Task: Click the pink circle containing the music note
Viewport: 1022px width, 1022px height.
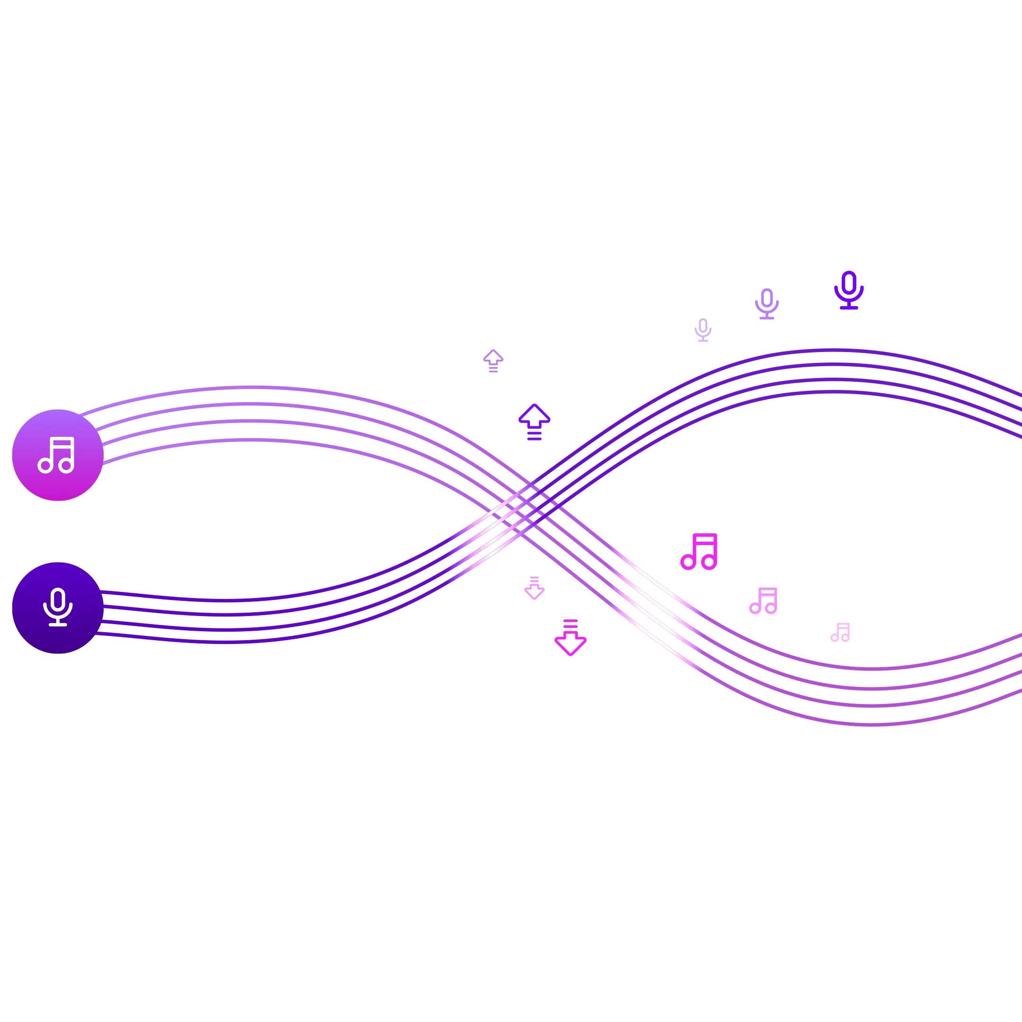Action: (x=58, y=455)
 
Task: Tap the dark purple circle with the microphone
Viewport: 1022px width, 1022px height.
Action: (x=58, y=608)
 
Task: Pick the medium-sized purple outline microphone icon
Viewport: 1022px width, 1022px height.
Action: (x=766, y=304)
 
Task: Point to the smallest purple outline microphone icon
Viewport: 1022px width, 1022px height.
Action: (x=703, y=330)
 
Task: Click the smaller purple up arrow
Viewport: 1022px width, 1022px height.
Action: (x=493, y=360)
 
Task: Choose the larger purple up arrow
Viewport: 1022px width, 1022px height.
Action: (x=534, y=421)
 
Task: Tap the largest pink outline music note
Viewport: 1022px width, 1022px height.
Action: (x=699, y=551)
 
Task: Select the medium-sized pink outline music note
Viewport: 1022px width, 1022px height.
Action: (x=763, y=600)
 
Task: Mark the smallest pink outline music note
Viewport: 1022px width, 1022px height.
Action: (x=840, y=632)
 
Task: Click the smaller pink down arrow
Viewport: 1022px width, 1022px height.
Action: (x=534, y=588)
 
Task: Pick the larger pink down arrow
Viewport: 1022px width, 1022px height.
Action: (x=570, y=637)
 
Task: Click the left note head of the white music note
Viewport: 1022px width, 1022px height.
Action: (x=45, y=466)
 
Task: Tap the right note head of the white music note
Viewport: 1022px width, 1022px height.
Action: (x=66, y=466)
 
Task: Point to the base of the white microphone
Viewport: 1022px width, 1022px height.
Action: (x=58, y=625)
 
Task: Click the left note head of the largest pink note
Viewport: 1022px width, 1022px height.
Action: (x=687, y=562)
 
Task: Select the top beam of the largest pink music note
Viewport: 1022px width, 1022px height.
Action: (x=705, y=537)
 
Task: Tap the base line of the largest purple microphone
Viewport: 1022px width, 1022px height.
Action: (x=849, y=308)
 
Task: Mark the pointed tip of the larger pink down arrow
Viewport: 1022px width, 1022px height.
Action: (x=570, y=654)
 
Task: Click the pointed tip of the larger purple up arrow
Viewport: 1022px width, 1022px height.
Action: (x=534, y=405)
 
